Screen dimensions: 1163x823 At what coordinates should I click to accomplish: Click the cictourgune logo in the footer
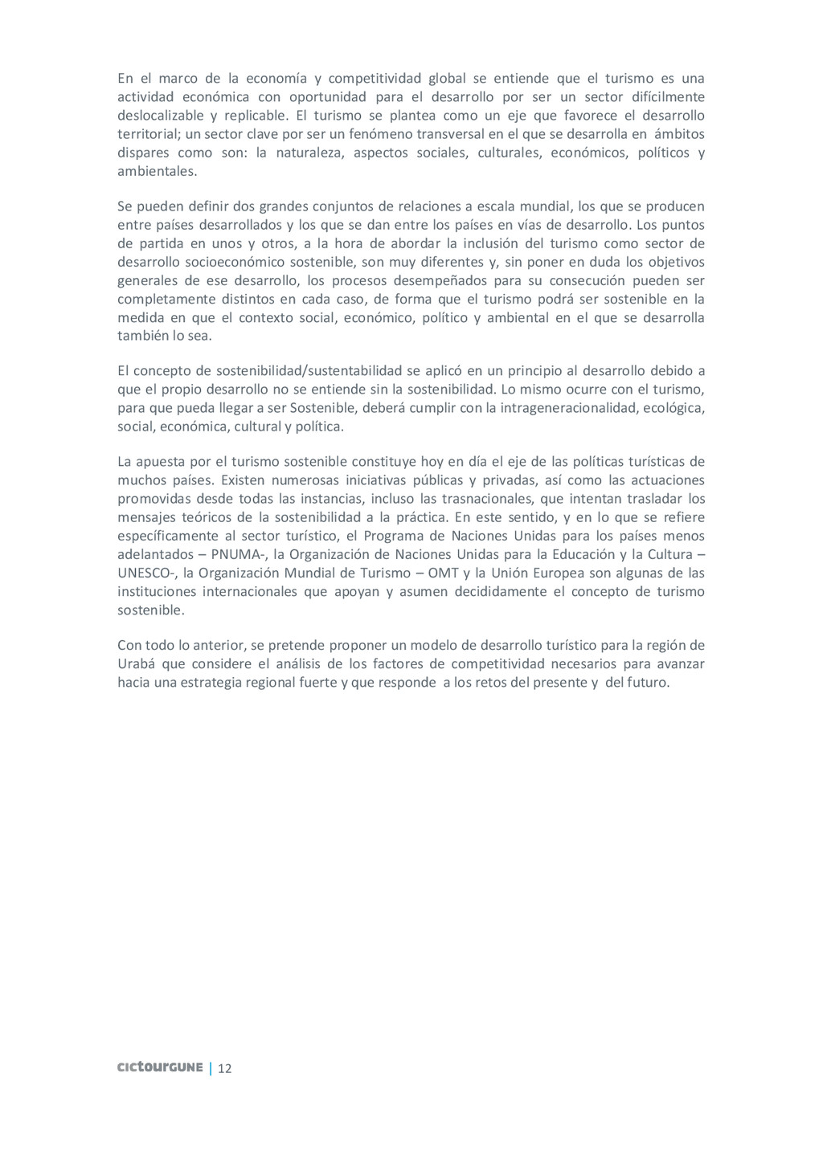pyautogui.click(x=160, y=1067)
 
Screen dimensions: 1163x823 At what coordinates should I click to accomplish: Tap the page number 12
pyautogui.click(x=225, y=1068)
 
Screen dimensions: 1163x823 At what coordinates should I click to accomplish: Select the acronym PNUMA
pyautogui.click(x=233, y=554)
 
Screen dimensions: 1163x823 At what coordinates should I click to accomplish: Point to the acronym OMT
pyautogui.click(x=444, y=573)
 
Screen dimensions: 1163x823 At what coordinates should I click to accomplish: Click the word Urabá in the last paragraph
pyautogui.click(x=136, y=663)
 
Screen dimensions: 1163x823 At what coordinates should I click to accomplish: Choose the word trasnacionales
pyautogui.click(x=487, y=498)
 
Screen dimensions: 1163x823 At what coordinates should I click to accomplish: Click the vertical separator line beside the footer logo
pyautogui.click(x=211, y=1068)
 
